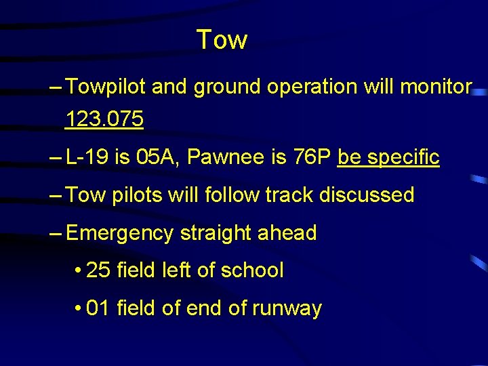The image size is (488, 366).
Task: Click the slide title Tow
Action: coord(222,39)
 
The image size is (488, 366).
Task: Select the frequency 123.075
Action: coord(104,120)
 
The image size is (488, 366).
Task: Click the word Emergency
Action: coord(120,233)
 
